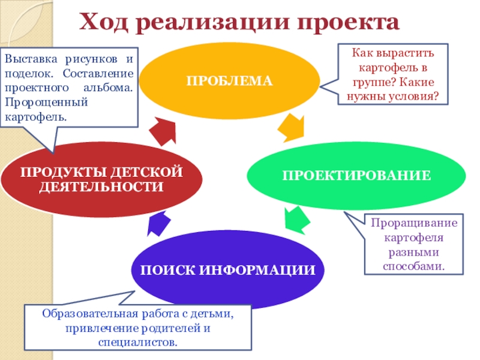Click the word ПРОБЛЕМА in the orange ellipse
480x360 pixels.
click(x=229, y=80)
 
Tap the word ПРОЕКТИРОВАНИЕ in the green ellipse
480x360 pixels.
click(x=356, y=175)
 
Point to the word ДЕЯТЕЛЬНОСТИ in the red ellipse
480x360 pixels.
click(x=101, y=187)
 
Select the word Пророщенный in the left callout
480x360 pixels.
click(x=38, y=101)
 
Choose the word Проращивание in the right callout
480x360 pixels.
click(x=414, y=223)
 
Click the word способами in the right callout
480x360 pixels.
click(x=414, y=265)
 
